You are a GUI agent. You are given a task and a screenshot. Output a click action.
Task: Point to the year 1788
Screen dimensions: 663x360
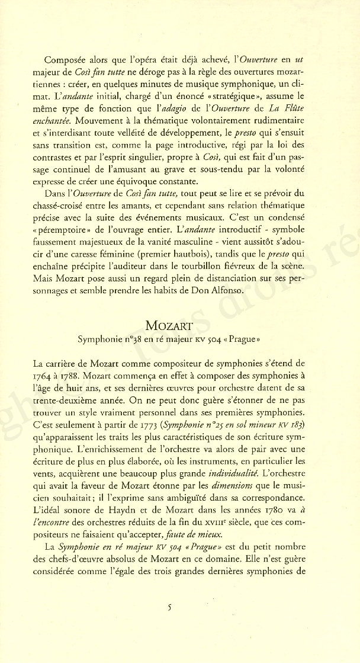pyautogui.click(x=88, y=376)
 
